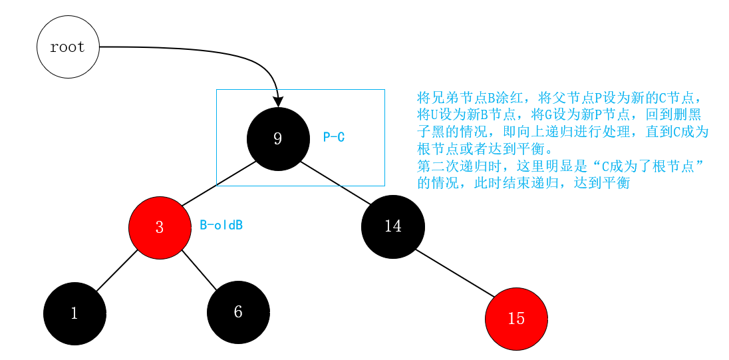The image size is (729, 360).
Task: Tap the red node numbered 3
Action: click(x=160, y=227)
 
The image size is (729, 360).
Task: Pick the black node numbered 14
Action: click(x=392, y=226)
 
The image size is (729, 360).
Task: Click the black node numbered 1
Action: click(x=74, y=313)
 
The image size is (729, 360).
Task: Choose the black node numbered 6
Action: click(x=238, y=312)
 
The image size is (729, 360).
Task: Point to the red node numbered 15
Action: click(x=516, y=319)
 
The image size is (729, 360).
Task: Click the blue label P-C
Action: click(x=334, y=138)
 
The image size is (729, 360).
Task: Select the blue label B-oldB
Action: click(x=221, y=225)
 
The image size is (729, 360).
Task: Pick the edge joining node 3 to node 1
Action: click(x=117, y=270)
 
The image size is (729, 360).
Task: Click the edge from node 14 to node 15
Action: click(x=454, y=273)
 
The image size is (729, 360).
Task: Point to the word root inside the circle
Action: click(x=68, y=47)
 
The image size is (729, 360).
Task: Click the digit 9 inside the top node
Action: click(x=278, y=138)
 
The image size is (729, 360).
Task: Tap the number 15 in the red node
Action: click(x=516, y=319)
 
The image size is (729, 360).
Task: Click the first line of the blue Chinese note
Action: click(x=559, y=96)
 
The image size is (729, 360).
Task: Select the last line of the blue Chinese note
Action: click(x=523, y=183)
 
